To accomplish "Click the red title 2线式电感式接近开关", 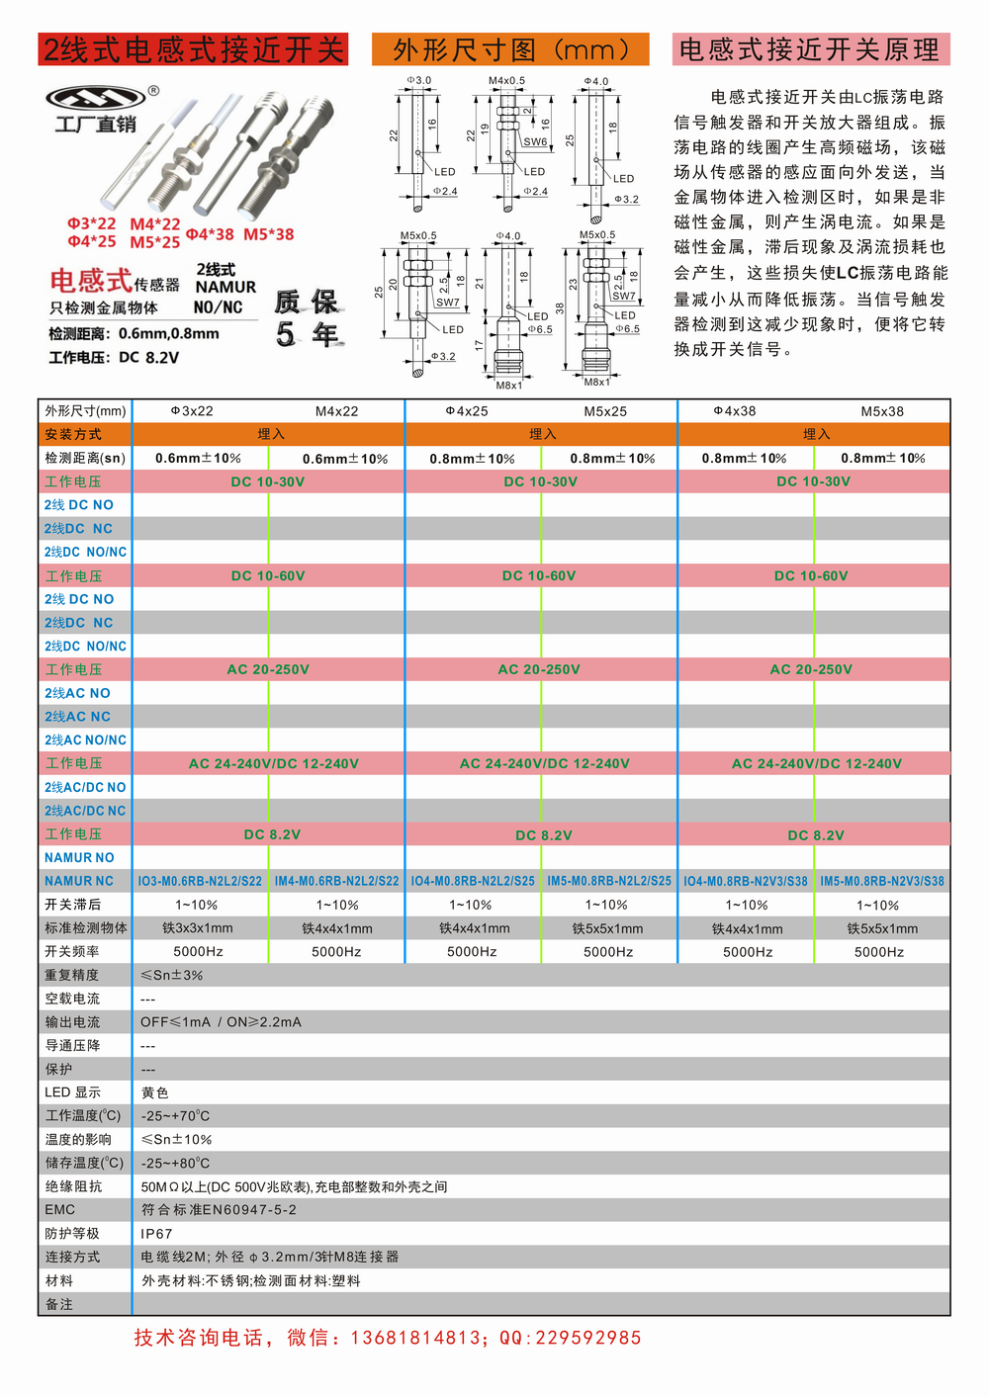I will pyautogui.click(x=193, y=49).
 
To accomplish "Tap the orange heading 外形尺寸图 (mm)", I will pyautogui.click(x=510, y=49).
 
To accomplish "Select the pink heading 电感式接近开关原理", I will pyautogui.click(x=810, y=49).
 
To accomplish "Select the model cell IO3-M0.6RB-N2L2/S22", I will pyautogui.click(x=200, y=881).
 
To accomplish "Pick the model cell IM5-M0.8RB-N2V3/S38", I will pyautogui.click(x=882, y=881).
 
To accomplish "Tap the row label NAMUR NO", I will pyautogui.click(x=79, y=858).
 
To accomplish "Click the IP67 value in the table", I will pyautogui.click(x=156, y=1234).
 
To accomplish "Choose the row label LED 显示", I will pyautogui.click(x=72, y=1092).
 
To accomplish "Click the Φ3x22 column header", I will pyautogui.click(x=192, y=411).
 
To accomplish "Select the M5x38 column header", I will pyautogui.click(x=882, y=411).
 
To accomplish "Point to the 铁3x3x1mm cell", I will pyautogui.click(x=198, y=928).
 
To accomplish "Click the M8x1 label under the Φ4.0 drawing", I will pyautogui.click(x=509, y=386).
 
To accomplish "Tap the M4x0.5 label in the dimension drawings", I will pyautogui.click(x=506, y=81).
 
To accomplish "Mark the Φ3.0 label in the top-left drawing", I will pyautogui.click(x=418, y=80).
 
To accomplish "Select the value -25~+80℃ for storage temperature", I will pyautogui.click(x=175, y=1164).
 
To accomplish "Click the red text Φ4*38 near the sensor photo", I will pyautogui.click(x=210, y=234).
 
